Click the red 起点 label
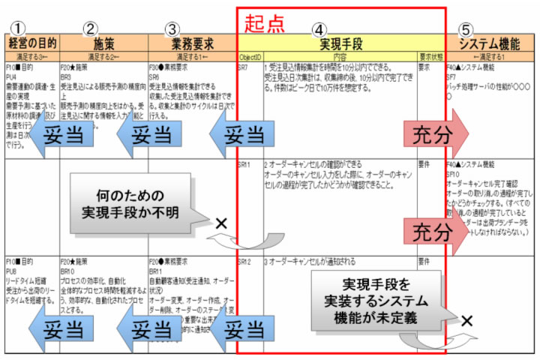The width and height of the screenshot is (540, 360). [x=264, y=22]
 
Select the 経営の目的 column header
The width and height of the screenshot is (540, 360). [x=31, y=43]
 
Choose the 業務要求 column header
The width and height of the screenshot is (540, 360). [x=190, y=43]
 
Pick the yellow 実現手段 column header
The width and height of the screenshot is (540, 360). [x=340, y=43]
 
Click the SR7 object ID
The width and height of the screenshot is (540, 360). [x=243, y=67]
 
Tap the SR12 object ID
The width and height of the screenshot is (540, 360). [x=244, y=262]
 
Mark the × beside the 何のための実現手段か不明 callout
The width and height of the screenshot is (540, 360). [x=220, y=223]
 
